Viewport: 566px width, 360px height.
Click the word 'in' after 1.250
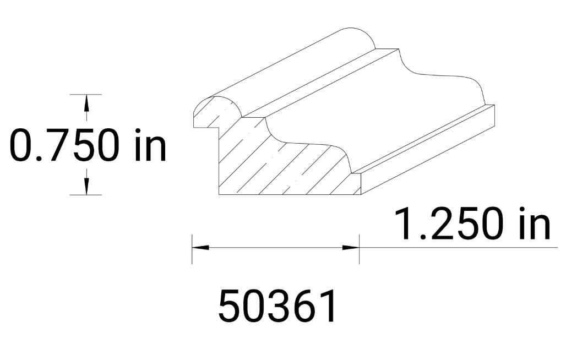pos(532,225)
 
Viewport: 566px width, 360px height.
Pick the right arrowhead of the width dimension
pos(352,248)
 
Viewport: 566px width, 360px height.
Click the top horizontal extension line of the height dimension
pos(86,95)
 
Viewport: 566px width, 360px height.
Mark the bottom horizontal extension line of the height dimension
pos(86,195)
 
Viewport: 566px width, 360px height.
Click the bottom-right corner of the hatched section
pos(359,194)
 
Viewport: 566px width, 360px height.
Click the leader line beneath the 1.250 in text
pos(457,248)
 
